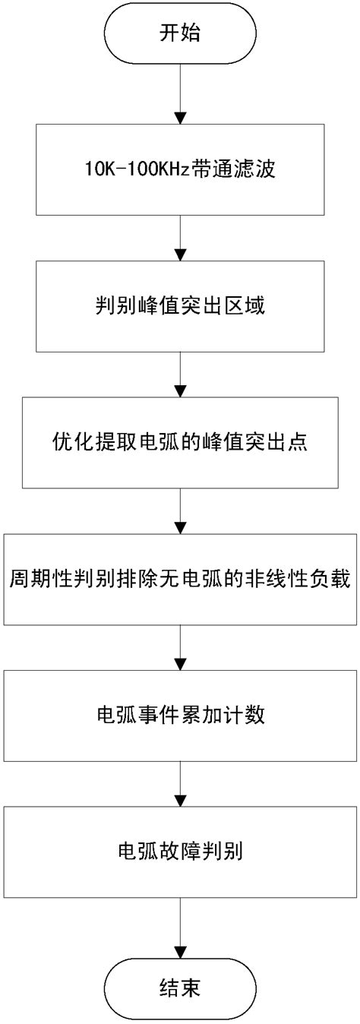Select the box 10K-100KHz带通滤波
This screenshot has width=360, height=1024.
pos(180,169)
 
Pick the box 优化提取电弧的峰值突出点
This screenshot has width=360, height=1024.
pos(180,442)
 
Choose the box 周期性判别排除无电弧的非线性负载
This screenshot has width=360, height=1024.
pos(180,580)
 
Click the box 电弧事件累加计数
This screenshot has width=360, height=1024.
pos(180,716)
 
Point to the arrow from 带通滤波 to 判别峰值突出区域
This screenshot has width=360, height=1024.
pos(180,237)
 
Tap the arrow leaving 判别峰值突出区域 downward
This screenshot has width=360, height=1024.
pos(180,374)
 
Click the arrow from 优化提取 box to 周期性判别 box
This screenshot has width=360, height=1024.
pos(180,510)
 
